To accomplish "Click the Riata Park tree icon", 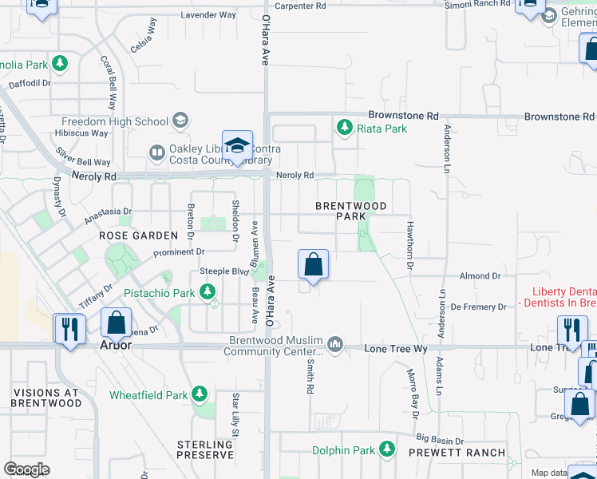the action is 345,128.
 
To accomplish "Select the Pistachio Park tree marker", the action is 208,293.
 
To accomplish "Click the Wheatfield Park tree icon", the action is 199,394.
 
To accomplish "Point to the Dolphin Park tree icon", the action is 387,450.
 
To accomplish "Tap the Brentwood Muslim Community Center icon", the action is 335,345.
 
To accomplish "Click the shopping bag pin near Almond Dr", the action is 313,265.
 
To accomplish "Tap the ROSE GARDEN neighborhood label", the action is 138,236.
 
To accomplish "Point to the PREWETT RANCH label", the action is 457,453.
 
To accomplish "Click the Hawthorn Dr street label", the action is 410,238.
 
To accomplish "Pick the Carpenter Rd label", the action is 299,6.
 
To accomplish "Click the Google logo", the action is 26,469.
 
